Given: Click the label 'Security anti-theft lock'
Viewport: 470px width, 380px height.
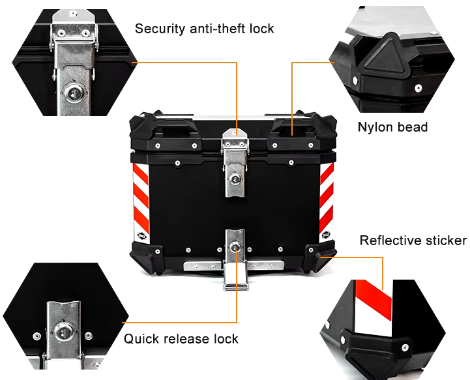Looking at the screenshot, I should pyautogui.click(x=204, y=29).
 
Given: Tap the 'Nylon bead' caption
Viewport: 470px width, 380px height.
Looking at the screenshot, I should pyautogui.click(x=392, y=126).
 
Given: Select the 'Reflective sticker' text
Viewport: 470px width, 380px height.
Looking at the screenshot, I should pyautogui.click(x=413, y=241).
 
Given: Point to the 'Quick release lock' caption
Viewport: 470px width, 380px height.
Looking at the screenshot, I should pyautogui.click(x=181, y=338).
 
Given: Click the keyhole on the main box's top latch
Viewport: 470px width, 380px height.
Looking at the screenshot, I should pyautogui.click(x=235, y=177).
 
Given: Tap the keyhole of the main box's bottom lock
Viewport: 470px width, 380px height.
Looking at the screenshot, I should pyautogui.click(x=235, y=246).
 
